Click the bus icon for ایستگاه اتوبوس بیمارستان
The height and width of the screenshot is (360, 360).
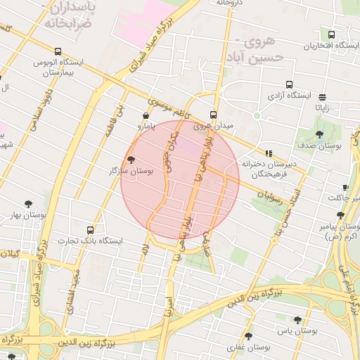58,51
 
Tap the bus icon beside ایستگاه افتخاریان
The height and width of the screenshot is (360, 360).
331,34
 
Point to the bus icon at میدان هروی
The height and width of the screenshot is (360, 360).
214,115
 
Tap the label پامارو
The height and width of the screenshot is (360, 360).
146,127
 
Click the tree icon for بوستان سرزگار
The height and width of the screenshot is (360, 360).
131,160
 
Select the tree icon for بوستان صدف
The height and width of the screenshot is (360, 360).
320,134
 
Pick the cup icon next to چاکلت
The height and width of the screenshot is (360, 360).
345,187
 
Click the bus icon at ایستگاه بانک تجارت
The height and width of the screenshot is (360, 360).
90,230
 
